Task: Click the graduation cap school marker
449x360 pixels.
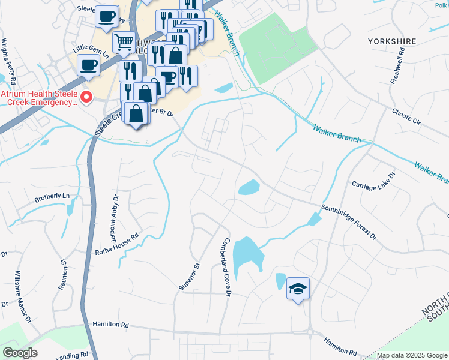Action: [x=298, y=289]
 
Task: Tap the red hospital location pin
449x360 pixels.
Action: [x=86, y=96]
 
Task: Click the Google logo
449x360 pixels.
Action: [x=20, y=353]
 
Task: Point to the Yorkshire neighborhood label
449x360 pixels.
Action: [x=391, y=41]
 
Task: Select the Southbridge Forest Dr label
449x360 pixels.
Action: [x=349, y=223]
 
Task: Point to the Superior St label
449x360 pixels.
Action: [x=188, y=277]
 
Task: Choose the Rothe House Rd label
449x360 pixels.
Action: [x=118, y=245]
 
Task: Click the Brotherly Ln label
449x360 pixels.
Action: [x=52, y=196]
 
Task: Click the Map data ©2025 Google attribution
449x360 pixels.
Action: [x=412, y=355]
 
